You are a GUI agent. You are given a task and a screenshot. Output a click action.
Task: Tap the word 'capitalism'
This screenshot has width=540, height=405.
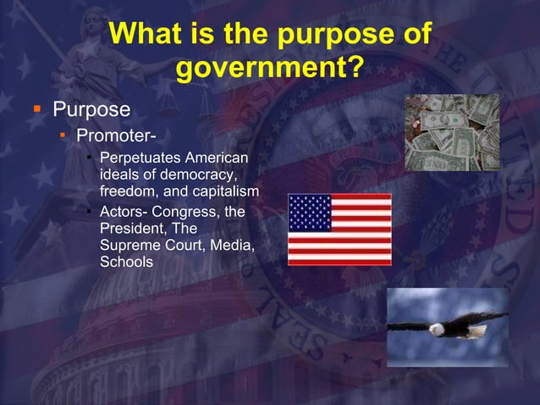point(221,190)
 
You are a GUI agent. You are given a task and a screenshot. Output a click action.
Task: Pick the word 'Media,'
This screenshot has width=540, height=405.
point(234,246)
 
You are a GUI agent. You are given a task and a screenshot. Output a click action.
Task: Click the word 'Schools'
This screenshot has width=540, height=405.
point(126,263)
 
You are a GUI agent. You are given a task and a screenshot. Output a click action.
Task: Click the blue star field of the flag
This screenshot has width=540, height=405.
point(310,213)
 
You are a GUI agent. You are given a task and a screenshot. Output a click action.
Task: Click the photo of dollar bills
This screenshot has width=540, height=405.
point(451,133)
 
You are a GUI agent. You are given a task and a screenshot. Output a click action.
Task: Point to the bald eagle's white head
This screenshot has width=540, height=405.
point(436,329)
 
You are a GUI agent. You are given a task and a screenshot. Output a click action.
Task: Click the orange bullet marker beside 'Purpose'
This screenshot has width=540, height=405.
point(36,109)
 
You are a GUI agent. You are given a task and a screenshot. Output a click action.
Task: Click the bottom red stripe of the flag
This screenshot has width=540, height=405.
point(339,261)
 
